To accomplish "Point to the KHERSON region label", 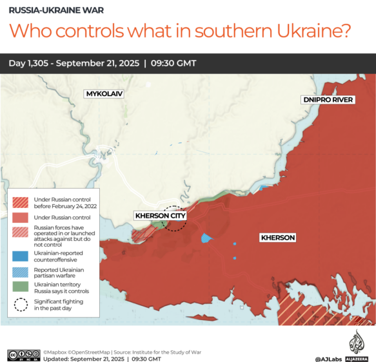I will click(278, 238).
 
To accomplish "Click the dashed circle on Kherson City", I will click(174, 218).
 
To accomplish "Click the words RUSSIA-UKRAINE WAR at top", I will click(52, 11).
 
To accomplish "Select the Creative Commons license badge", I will click(23, 354).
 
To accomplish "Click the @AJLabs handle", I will click(328, 359).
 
